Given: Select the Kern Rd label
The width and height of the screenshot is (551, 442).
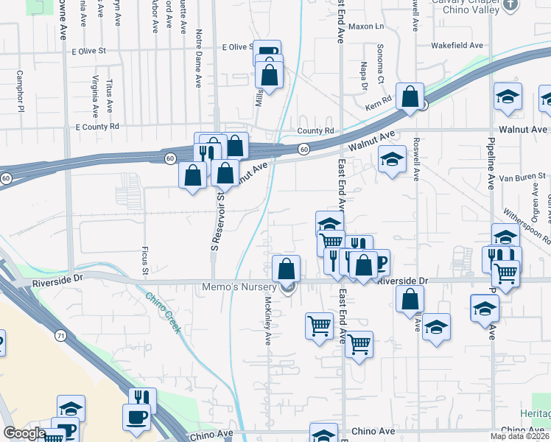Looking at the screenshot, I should point(379,99).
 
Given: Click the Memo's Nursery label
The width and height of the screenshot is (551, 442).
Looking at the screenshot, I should point(245,287).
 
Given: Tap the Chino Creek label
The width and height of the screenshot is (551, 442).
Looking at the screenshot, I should point(163,312).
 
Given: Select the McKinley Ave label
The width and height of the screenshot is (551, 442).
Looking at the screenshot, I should point(267,320).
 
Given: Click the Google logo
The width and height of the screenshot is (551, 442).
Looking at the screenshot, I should point(24,433).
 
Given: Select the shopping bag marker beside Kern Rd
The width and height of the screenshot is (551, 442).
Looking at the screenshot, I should point(410,97).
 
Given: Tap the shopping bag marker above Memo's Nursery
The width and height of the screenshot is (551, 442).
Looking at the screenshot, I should point(286,269).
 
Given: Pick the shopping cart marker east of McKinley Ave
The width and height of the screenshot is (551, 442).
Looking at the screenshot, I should point(319,325).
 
